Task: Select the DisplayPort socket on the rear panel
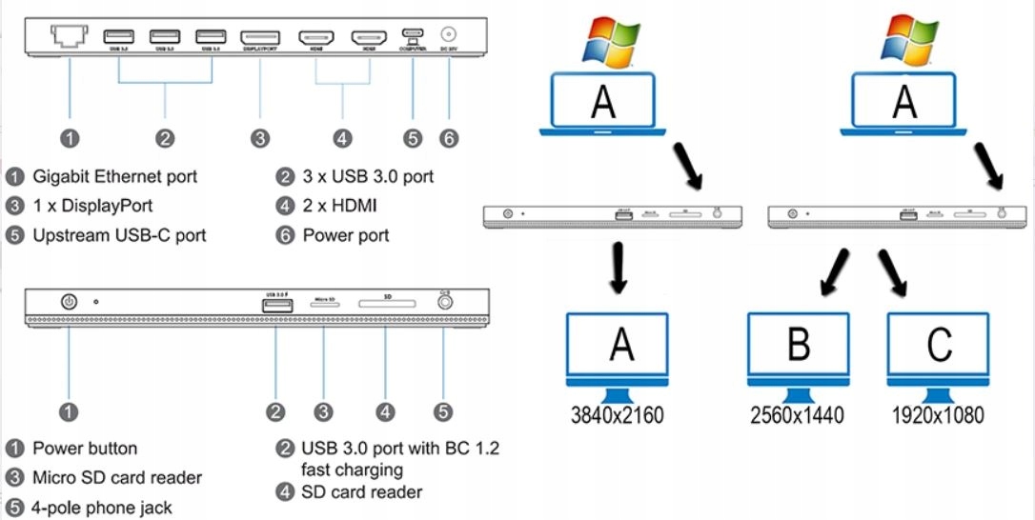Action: (260, 37)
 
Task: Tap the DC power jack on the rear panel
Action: (448, 35)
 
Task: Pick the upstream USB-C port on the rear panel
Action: (412, 36)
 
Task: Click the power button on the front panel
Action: (69, 302)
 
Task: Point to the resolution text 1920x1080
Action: (938, 414)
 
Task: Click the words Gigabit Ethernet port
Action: (114, 176)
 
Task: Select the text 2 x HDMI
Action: (339, 206)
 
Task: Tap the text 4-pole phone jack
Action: (102, 508)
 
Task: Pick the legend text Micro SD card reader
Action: (116, 477)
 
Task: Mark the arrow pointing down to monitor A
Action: (619, 268)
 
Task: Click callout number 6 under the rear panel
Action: (448, 138)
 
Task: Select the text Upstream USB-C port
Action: (118, 235)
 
